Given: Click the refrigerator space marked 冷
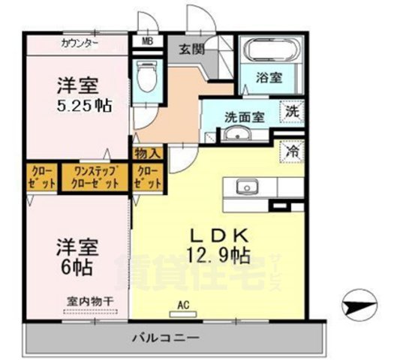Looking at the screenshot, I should [293, 150].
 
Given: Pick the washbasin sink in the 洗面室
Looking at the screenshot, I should [239, 134].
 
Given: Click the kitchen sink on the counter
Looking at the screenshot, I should [245, 187].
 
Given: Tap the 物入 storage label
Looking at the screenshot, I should [146, 153].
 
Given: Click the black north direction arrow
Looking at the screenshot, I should [359, 305].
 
